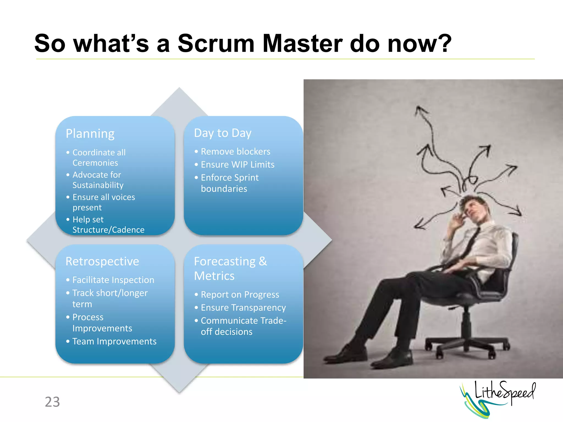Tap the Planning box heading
tap(90, 134)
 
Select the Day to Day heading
tap(223, 133)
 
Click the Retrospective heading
tap(102, 261)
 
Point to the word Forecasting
tap(225, 261)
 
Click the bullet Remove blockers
tap(235, 151)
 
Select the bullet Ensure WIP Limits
tap(238, 165)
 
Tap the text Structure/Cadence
tap(108, 230)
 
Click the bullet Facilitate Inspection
tap(113, 280)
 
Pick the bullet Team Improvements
tap(114, 341)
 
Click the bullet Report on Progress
tap(240, 295)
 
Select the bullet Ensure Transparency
tap(243, 308)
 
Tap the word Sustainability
tap(98, 185)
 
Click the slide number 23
tap(52, 402)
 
